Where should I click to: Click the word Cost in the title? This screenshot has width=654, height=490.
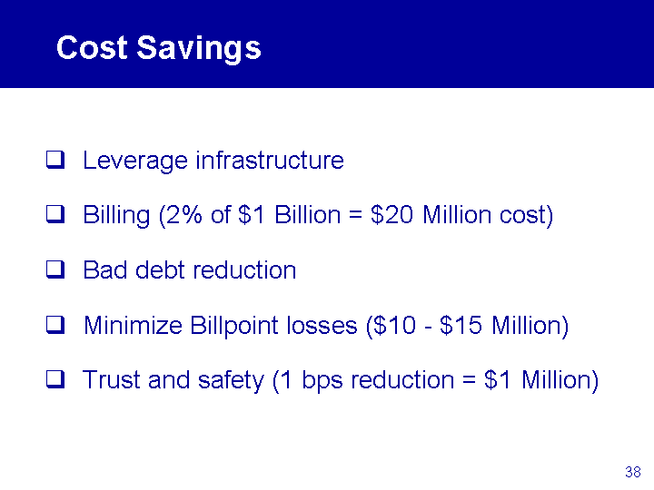pyautogui.click(x=92, y=47)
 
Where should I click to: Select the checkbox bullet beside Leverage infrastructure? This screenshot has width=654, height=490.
pyautogui.click(x=55, y=160)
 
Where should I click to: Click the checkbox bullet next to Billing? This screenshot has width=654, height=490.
pyautogui.click(x=55, y=214)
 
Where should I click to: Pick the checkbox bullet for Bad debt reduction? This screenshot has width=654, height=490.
pyautogui.click(x=55, y=269)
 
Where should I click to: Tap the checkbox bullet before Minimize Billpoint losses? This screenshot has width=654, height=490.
pyautogui.click(x=55, y=325)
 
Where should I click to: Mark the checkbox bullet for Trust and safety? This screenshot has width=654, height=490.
pyautogui.click(x=55, y=379)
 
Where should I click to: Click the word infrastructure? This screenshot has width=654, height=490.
pyautogui.click(x=270, y=160)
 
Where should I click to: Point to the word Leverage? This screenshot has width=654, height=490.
pyautogui.click(x=135, y=162)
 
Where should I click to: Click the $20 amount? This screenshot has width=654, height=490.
pyautogui.click(x=391, y=215)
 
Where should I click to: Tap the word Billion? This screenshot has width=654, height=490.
pyautogui.click(x=307, y=214)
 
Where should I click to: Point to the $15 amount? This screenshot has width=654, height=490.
pyautogui.click(x=461, y=325)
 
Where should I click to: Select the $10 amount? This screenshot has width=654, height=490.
pyautogui.click(x=395, y=326)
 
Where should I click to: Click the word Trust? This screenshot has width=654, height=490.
pyautogui.click(x=112, y=379)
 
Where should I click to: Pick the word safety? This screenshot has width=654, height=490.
pyautogui.click(x=231, y=381)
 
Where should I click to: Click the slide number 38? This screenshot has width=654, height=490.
pyautogui.click(x=633, y=472)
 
